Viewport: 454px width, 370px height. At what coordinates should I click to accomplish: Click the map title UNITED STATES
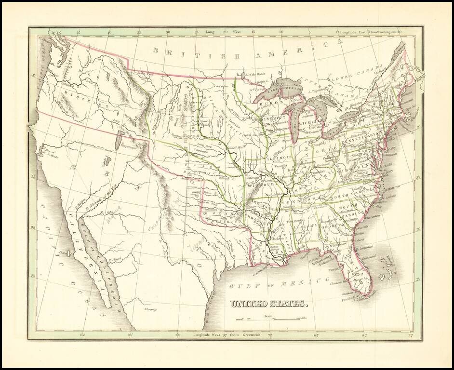268,304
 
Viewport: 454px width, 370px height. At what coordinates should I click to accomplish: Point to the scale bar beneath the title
270,319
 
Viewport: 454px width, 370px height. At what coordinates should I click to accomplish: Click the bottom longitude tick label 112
82,334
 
